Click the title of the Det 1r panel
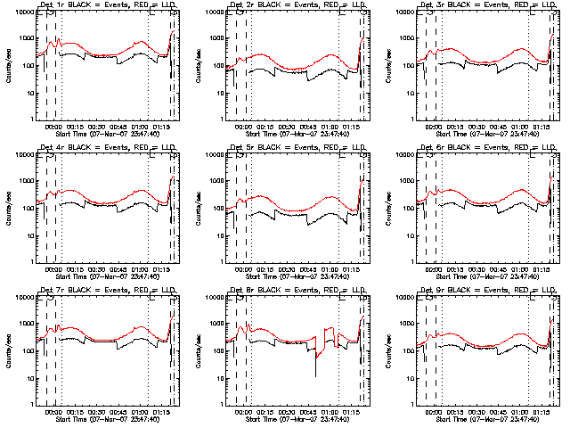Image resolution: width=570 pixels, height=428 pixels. click(107, 7)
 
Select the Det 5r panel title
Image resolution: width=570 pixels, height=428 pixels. click(297, 149)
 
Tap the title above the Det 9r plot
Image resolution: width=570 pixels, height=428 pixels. click(486, 291)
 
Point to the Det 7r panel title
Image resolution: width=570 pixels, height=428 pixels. click(107, 291)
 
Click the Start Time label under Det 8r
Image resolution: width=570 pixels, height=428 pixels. click(297, 419)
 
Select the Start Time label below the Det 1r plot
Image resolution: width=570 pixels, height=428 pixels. click(107, 135)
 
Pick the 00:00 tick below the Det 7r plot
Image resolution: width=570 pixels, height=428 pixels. click(51, 410)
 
